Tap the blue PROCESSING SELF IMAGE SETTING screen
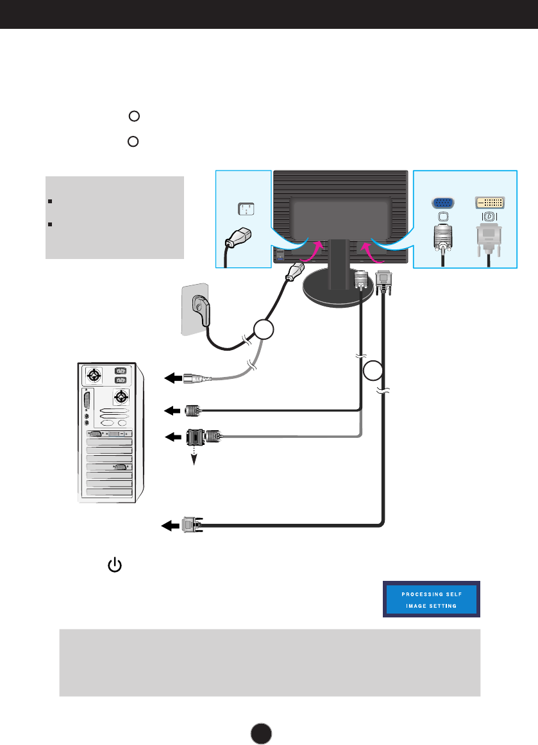coord(432,599)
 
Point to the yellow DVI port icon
coord(489,203)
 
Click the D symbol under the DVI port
coord(489,217)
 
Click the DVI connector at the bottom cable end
coord(191,525)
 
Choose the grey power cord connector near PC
coord(196,378)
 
